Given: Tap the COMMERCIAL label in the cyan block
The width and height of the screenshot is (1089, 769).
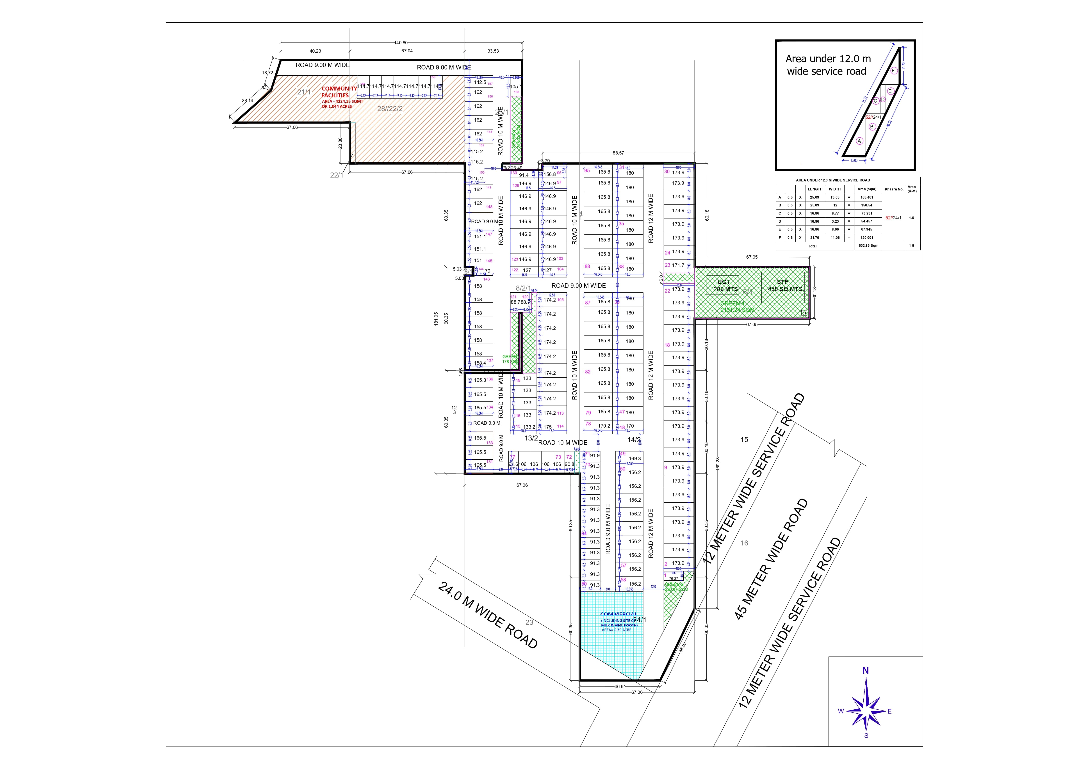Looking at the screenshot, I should tap(618, 614).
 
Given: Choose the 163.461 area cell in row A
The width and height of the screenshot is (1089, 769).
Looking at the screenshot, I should tap(867, 197).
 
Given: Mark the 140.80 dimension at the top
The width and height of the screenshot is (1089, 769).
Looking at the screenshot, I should tap(401, 43).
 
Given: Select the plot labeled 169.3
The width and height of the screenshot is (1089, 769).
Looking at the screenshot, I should tap(635, 458).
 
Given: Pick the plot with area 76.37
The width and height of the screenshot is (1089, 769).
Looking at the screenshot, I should tap(674, 578).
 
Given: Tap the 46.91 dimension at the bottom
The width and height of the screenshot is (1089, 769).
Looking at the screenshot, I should tap(620, 687).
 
